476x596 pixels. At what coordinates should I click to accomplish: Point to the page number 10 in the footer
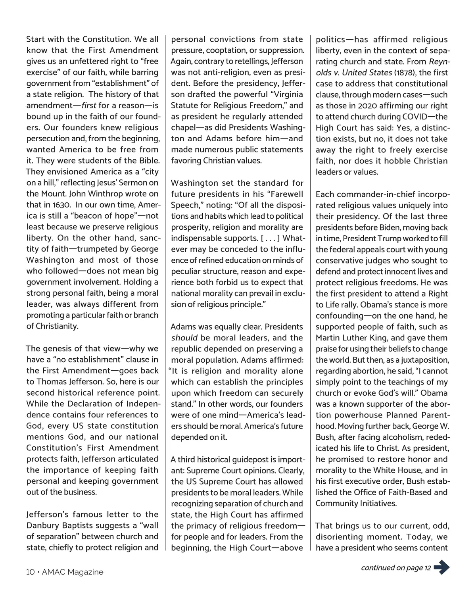(31, 572)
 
